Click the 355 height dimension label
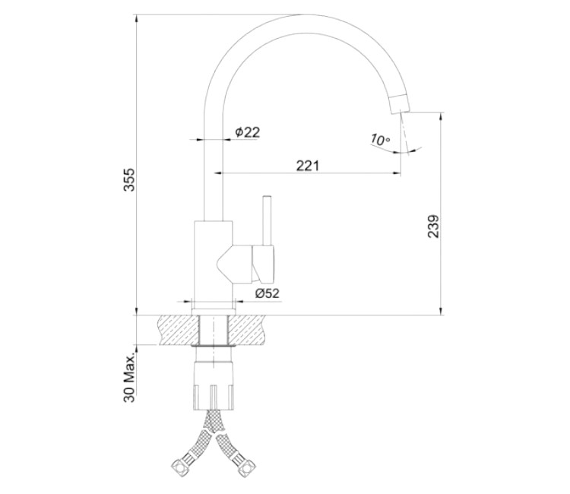(x=129, y=179)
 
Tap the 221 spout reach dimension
(x=308, y=166)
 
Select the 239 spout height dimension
(x=433, y=226)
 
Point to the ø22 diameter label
(x=248, y=132)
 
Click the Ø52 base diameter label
(x=268, y=293)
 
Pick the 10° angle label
(x=380, y=140)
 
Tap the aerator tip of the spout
(x=400, y=104)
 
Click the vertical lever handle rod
(x=268, y=220)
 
